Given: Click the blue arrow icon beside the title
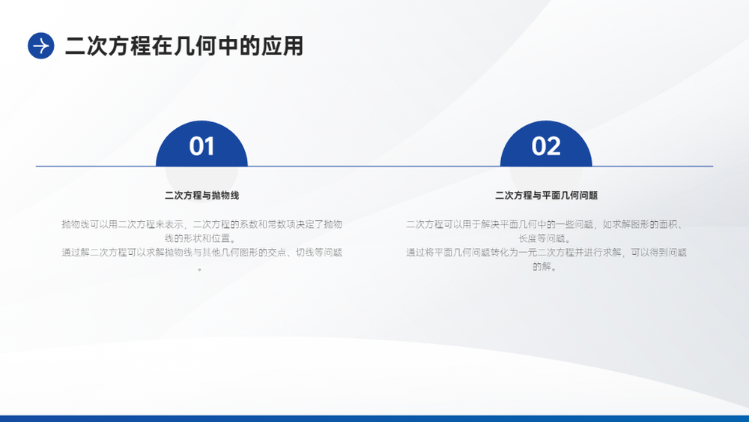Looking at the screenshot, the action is tap(41, 46).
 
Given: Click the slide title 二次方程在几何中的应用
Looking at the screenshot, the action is tap(184, 46).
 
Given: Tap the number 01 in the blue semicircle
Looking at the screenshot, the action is tap(201, 146).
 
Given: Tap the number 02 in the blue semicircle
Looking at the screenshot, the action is tap(546, 146).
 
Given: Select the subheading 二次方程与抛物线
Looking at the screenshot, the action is tap(201, 196).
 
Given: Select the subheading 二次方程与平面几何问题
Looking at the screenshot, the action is tap(546, 196).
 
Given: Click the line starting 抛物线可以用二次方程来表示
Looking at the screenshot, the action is tap(201, 224).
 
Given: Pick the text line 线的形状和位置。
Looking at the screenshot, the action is tap(200, 238).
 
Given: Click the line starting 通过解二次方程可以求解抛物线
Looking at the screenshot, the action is tap(201, 253).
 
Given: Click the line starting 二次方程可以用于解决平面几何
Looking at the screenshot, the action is tap(546, 224).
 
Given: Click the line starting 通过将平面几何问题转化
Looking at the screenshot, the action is tap(546, 253).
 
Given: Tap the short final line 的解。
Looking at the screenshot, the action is tap(545, 266).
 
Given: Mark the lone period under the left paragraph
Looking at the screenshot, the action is tap(200, 270).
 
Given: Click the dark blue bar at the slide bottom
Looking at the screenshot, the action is tap(374, 419).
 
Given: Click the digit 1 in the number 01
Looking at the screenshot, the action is tap(209, 146).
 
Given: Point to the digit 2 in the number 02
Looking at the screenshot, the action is tap(554, 146).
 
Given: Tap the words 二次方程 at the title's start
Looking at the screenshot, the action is tap(108, 46).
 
